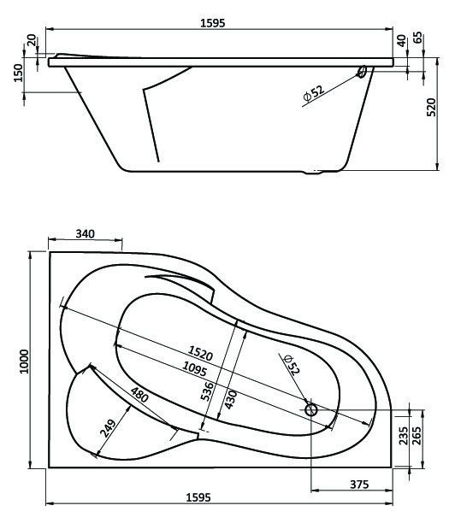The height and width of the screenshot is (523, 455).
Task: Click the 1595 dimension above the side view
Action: (213, 23)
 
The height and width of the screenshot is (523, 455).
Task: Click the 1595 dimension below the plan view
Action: (198, 497)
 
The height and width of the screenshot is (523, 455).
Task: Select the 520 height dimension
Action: (431, 107)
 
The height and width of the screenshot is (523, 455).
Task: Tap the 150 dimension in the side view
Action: (18, 73)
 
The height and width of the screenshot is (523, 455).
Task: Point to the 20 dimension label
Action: (32, 40)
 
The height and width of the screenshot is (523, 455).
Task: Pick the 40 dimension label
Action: (402, 41)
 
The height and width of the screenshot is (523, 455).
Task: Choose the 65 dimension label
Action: (417, 38)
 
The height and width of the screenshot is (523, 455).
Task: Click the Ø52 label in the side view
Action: (314, 93)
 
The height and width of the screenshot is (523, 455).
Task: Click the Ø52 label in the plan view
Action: (292, 365)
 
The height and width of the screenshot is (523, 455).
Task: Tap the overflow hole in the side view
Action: (362, 72)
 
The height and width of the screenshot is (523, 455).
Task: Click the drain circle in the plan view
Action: (311, 409)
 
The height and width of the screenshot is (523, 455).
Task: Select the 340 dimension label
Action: (86, 234)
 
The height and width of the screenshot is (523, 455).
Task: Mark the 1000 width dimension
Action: (24, 361)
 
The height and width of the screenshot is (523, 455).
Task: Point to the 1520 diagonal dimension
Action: (200, 353)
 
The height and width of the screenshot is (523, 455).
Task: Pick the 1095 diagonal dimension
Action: (194, 369)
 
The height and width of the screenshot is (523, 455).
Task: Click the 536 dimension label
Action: (207, 391)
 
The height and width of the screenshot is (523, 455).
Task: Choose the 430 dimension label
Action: (231, 399)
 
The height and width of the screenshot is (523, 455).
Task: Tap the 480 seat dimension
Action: (139, 395)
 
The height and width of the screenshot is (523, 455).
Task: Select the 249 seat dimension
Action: (108, 428)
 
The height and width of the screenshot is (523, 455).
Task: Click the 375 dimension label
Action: (359, 484)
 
